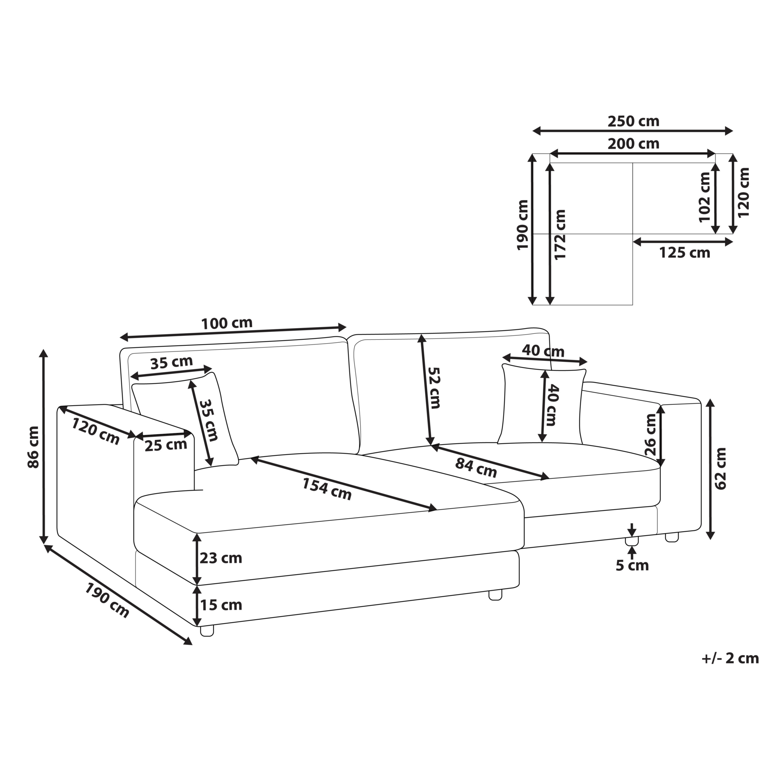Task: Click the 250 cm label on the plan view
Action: pos(633,121)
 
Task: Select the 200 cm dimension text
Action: pos(633,143)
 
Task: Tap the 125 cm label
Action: pos(685,253)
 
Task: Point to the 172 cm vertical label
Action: pos(560,234)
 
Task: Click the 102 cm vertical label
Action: pos(705,197)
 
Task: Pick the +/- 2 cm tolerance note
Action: pos(730,658)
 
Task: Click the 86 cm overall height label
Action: pos(33,447)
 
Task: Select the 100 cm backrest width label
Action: pos(227,323)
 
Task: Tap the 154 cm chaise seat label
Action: pos(327,489)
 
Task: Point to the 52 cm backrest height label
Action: pos(434,388)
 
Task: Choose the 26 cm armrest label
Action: pos(651,434)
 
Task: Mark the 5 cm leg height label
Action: pos(632,565)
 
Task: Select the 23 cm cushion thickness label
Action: pos(221,558)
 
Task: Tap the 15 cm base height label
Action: pos(221,605)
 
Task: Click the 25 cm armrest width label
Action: pos(166,445)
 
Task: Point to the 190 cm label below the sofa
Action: pos(107,601)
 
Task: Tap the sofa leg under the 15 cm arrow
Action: pos(207,631)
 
